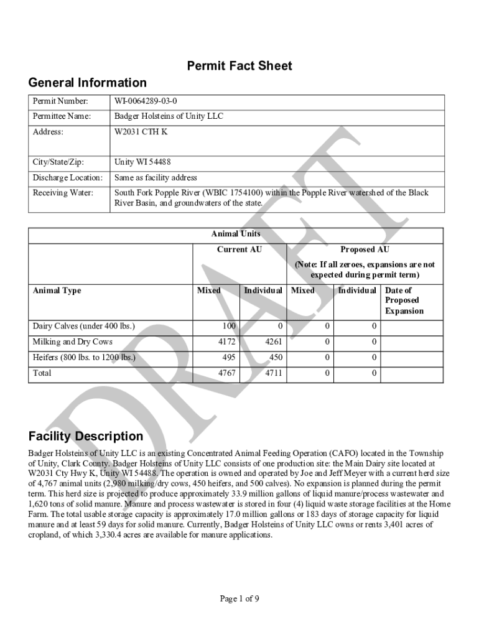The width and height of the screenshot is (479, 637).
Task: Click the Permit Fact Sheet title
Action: pos(240,66)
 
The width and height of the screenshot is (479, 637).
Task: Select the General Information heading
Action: pos(88,83)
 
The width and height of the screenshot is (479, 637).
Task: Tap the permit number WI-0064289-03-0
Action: pos(149,101)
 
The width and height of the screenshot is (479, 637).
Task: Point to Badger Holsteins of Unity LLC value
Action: pos(169,116)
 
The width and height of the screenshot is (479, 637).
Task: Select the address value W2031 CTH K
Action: pos(141,132)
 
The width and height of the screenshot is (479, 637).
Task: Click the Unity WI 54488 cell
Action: pos(142,162)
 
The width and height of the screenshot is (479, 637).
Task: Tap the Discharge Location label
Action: pos(67,178)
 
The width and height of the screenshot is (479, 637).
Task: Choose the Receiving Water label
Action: pos(63,193)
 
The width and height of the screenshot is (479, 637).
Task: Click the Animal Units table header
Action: pos(236,234)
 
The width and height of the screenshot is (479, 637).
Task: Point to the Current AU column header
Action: pos(239,249)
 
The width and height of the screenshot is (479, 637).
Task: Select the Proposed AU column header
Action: pos(365,249)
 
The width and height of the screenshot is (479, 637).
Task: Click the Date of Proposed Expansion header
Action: pos(404,300)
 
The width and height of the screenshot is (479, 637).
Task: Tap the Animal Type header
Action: pos(57,291)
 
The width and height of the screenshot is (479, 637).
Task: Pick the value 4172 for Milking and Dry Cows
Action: pos(226,342)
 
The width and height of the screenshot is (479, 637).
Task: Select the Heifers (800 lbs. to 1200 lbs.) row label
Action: pos(83,357)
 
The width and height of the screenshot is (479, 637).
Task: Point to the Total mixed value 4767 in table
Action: pos(226,373)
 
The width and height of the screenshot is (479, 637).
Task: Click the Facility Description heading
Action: pos(86,436)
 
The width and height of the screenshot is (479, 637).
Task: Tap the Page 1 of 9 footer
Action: pos(240,598)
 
